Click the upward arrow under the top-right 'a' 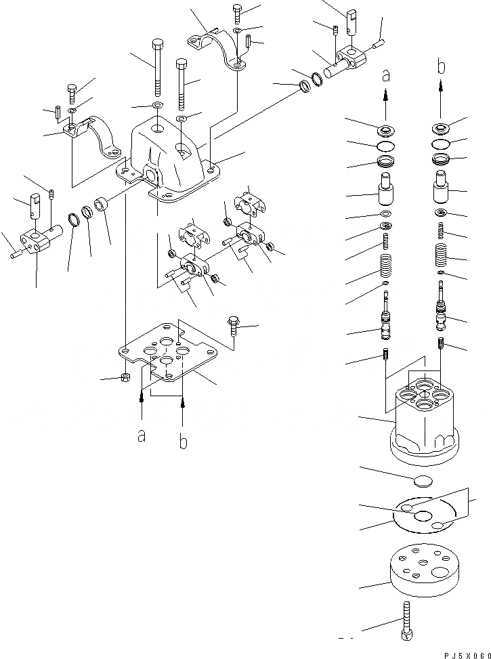(386, 105)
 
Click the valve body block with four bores (423, 420)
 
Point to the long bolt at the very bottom (407, 619)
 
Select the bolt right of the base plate (234, 328)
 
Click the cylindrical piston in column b (442, 186)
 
